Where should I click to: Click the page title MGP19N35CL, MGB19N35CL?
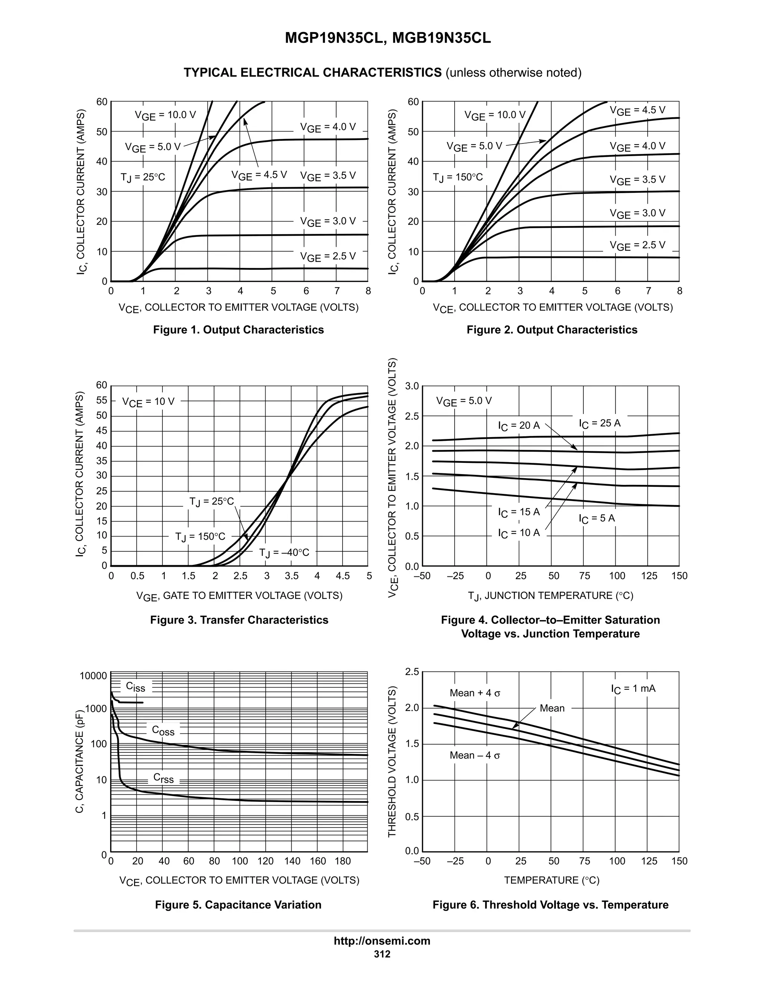coord(387,38)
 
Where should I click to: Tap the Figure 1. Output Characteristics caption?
coord(238,330)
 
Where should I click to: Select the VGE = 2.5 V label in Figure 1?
coord(328,257)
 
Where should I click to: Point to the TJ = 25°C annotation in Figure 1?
coord(143,177)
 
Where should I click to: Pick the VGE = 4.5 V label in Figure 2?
coord(637,111)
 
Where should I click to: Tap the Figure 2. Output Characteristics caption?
coord(552,330)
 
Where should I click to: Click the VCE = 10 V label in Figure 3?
coord(148,402)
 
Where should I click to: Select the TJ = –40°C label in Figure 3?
coord(284,553)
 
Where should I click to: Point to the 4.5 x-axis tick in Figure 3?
coord(343,576)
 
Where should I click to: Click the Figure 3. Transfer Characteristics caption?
coord(239,620)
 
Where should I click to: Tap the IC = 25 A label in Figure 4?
coord(599,423)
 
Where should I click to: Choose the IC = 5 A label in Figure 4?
coord(597,519)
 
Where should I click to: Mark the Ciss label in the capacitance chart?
coord(135,687)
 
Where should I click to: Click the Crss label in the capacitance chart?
coord(163,778)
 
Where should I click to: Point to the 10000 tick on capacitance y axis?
coord(93,676)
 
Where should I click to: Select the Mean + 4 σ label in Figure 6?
coord(474,693)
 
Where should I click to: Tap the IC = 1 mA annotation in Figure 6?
coord(633,689)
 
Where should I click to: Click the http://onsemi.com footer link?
coord(382,941)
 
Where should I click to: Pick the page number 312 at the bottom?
coord(382,954)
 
